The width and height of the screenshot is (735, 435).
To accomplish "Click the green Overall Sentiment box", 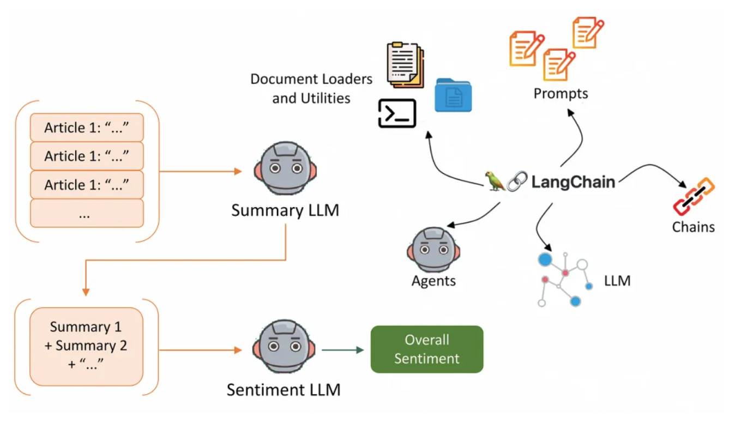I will [x=426, y=349].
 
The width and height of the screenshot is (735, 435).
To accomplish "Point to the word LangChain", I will [x=573, y=182].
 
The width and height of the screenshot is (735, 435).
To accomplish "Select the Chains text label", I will [x=693, y=227].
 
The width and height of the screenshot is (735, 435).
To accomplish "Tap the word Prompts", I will [x=561, y=93].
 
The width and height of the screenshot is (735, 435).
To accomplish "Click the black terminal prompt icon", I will [x=397, y=113].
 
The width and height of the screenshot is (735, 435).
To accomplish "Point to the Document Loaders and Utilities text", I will [x=311, y=88].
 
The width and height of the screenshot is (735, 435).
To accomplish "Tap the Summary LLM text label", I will [x=285, y=210].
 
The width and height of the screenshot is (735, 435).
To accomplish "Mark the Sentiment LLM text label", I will [x=284, y=390].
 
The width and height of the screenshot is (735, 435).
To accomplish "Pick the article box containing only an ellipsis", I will [x=87, y=213].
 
